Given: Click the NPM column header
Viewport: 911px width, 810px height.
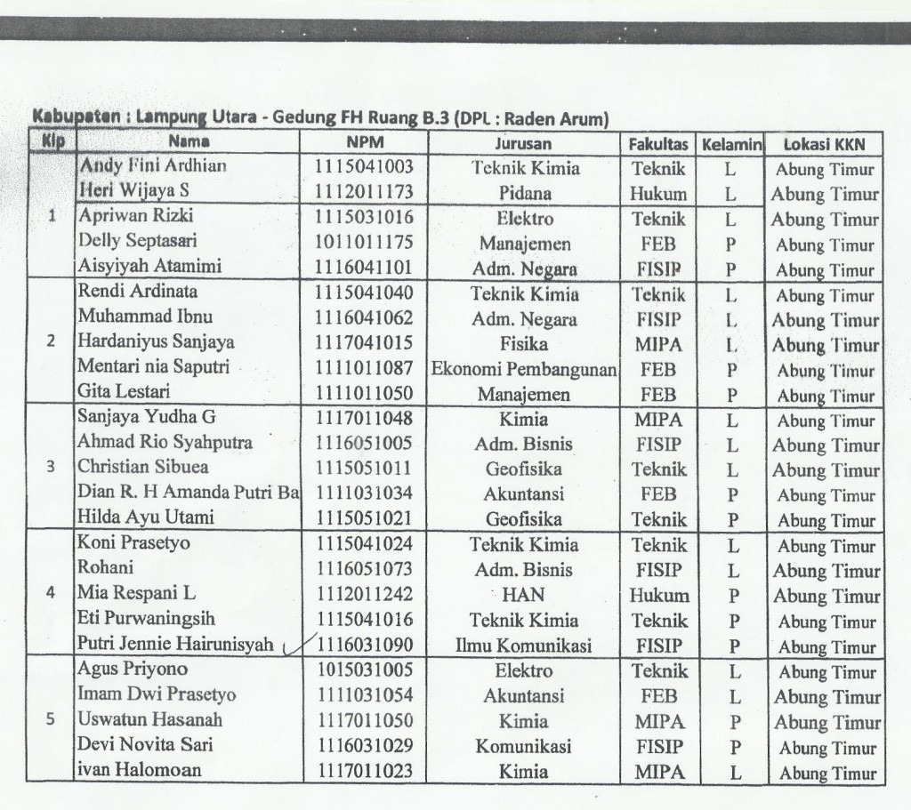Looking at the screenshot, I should point(365,142).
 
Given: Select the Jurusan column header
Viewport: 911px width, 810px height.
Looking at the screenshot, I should point(523,143).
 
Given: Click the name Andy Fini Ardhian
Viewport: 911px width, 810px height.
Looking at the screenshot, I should point(153,165).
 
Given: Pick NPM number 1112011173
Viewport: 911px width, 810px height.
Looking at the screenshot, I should point(365,191).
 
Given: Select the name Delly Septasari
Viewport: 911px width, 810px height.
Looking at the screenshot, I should point(139,240).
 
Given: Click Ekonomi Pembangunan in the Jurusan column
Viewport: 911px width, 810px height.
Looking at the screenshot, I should point(525,369).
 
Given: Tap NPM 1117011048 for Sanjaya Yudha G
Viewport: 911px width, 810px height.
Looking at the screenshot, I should point(365,419).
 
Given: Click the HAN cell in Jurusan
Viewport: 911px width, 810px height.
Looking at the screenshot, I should point(524,595).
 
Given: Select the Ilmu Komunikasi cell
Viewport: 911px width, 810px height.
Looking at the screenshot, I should point(524,646).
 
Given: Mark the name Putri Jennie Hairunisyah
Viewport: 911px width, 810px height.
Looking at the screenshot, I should point(175,646).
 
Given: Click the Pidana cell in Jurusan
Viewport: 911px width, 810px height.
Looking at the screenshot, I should point(525,193).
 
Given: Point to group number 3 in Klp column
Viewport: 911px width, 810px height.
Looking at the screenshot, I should point(51,466).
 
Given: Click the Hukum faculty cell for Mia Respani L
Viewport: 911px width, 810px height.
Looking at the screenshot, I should point(659,596).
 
